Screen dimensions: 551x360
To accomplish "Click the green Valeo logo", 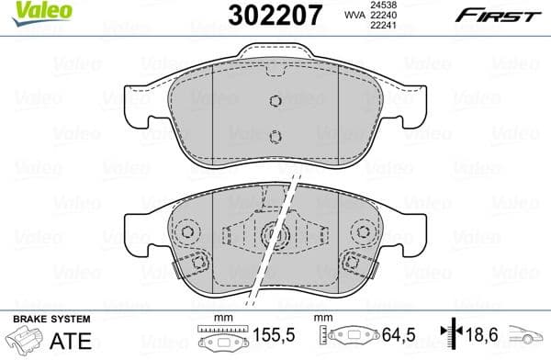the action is point(42,14).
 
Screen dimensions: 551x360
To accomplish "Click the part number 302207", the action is point(275,16).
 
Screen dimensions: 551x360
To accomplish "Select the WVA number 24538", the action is point(383,5).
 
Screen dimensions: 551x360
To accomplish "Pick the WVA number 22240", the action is point(383,15).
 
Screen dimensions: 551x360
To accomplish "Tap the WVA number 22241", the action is point(383,26).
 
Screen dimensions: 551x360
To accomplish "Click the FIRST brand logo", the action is point(498,16).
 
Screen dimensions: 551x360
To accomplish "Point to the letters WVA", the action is point(354,15).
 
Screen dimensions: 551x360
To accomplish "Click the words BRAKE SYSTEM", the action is point(51,320).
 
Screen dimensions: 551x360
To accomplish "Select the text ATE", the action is point(71,341).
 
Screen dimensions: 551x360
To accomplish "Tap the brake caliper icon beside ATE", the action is point(25,340).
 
